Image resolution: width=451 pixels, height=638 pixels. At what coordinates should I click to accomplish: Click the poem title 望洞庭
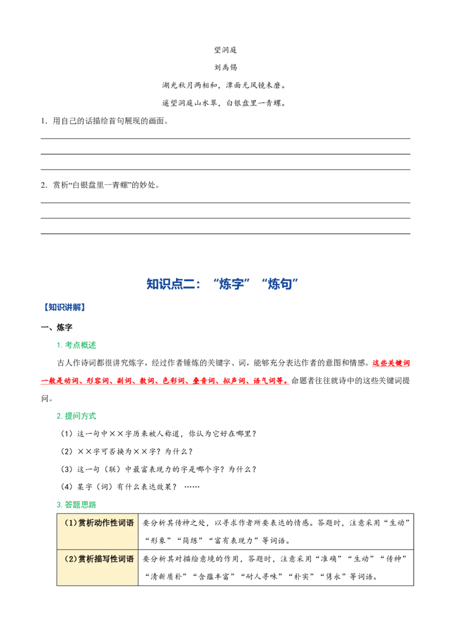click(x=225, y=50)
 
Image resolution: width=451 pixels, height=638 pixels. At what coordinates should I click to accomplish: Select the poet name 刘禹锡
click(x=225, y=68)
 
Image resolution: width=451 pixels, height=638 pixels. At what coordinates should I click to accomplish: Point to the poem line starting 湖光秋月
click(x=224, y=86)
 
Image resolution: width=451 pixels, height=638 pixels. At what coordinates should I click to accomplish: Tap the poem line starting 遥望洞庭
click(x=224, y=103)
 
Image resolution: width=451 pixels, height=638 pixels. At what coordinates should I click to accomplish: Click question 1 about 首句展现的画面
click(x=105, y=121)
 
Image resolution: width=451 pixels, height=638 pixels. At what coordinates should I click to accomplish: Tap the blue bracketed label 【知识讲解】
click(x=64, y=307)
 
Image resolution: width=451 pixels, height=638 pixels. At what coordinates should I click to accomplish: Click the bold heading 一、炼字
click(x=56, y=327)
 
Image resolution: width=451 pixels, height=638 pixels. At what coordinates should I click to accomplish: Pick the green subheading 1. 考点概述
click(x=77, y=345)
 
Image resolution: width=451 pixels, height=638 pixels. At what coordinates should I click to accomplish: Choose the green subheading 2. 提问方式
click(x=77, y=416)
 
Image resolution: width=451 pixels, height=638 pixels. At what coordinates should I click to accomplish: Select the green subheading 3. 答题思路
click(x=77, y=504)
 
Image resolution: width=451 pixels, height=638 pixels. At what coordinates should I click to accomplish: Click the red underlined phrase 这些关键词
click(x=391, y=363)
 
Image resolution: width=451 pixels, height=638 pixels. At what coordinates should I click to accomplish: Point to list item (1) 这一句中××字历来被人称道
click(x=159, y=434)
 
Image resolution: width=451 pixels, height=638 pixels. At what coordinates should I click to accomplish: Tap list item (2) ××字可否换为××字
click(x=127, y=451)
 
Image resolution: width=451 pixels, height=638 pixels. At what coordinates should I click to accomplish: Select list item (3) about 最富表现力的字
click(x=159, y=469)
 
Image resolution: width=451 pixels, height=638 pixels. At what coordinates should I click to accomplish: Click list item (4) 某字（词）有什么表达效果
click(x=130, y=487)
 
